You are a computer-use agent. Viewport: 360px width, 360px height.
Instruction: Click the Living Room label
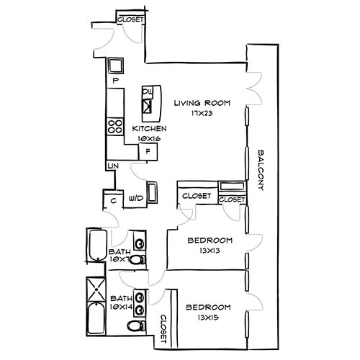pyautogui.click(x=202, y=103)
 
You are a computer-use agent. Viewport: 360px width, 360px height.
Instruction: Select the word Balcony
pyautogui.click(x=262, y=169)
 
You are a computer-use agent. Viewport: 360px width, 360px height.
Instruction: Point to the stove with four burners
pyautogui.click(x=114, y=127)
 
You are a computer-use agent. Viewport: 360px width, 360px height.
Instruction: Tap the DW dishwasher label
pyautogui.click(x=146, y=91)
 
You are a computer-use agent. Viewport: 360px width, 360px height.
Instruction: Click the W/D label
pyautogui.click(x=135, y=199)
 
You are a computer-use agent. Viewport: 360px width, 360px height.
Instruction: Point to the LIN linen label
pyautogui.click(x=112, y=167)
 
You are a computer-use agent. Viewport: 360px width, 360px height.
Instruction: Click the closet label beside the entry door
pyautogui.click(x=130, y=19)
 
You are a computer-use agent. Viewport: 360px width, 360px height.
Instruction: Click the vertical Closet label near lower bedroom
pyautogui.click(x=164, y=328)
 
